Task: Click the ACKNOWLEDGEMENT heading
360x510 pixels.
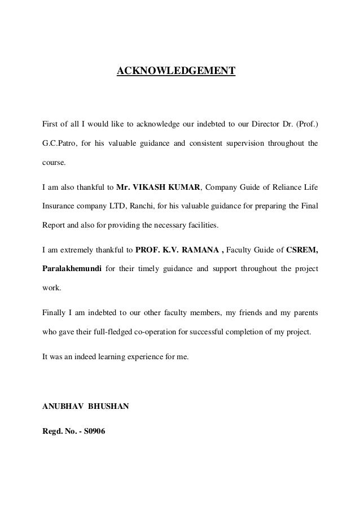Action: [175, 72]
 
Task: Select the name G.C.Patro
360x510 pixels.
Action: [60, 143]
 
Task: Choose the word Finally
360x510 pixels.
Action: [55, 311]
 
